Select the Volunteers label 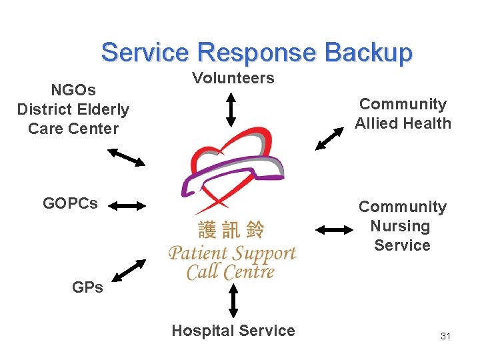[x=233, y=78]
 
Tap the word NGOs [x=73, y=89]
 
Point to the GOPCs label [x=70, y=203]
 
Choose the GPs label [x=87, y=287]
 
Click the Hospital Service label [x=233, y=331]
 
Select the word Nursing [x=400, y=226]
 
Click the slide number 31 [x=445, y=336]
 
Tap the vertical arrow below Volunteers [x=231, y=109]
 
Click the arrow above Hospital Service [x=233, y=301]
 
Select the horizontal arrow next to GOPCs [x=127, y=206]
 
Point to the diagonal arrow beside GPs [x=129, y=270]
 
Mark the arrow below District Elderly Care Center [x=127, y=157]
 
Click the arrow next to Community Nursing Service [x=334, y=230]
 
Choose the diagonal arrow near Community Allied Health [x=330, y=135]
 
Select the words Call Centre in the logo [x=230, y=272]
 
